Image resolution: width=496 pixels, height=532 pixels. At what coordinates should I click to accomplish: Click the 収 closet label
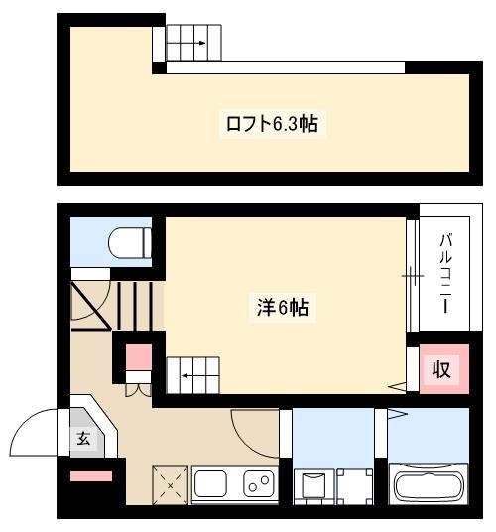tap(440, 369)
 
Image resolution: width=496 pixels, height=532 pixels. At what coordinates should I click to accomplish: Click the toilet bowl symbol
tap(130, 242)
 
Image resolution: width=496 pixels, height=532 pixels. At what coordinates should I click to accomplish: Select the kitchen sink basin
tap(211, 484)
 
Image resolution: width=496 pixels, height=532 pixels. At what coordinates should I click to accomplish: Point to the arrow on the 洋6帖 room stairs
tap(188, 377)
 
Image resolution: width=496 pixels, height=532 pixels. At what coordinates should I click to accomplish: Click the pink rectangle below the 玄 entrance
tap(91, 477)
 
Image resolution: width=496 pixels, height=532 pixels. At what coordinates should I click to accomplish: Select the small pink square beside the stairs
tap(137, 355)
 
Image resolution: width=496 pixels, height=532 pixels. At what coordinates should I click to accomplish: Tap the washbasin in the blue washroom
tap(311, 486)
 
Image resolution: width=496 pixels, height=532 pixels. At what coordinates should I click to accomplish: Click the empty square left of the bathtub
tap(353, 486)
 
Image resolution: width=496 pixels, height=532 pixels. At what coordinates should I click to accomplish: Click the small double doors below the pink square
tap(137, 388)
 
